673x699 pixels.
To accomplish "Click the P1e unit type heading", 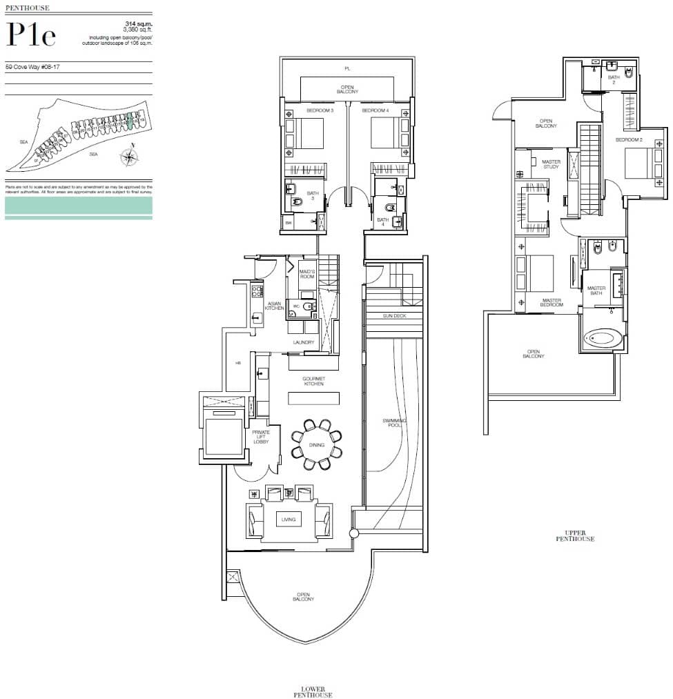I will pyautogui.click(x=30, y=34).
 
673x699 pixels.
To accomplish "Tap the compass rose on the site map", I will pyautogui.click(x=129, y=158).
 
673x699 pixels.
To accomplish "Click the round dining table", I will pyautogui.click(x=317, y=445).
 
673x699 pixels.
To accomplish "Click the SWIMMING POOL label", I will pyautogui.click(x=396, y=424).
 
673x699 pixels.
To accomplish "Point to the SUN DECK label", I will pyautogui.click(x=393, y=315).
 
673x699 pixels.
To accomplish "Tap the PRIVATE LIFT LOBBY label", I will pyautogui.click(x=261, y=437).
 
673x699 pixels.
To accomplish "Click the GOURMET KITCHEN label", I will pyautogui.click(x=313, y=381).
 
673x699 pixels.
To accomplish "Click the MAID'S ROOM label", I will pyautogui.click(x=307, y=274).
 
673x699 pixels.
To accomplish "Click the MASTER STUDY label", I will pyautogui.click(x=551, y=164).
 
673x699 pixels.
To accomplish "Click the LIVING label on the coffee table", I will pyautogui.click(x=288, y=519).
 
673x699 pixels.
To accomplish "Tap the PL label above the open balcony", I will pyautogui.click(x=348, y=68).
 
